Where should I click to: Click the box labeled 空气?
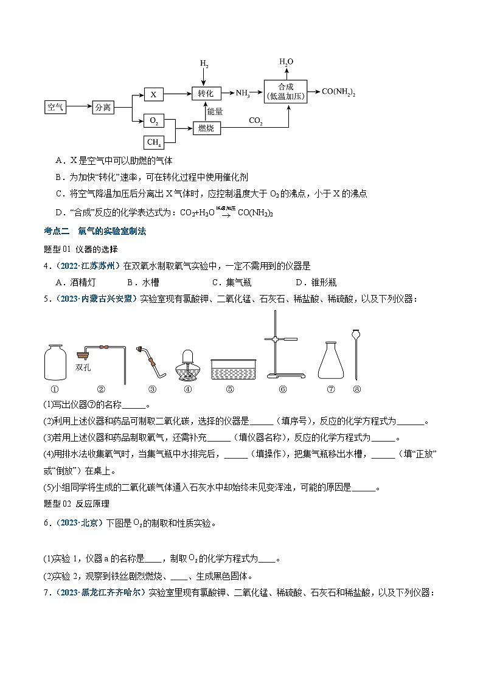(x=55, y=108)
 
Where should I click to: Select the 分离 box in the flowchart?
(x=103, y=108)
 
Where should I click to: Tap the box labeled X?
(x=154, y=94)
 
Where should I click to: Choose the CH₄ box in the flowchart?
(x=154, y=143)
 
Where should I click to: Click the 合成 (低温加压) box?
(x=285, y=92)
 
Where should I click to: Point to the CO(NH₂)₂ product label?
(x=338, y=92)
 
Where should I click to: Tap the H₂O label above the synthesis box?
(x=286, y=62)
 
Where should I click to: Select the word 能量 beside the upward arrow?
(x=215, y=111)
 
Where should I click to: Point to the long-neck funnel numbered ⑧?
(x=356, y=356)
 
